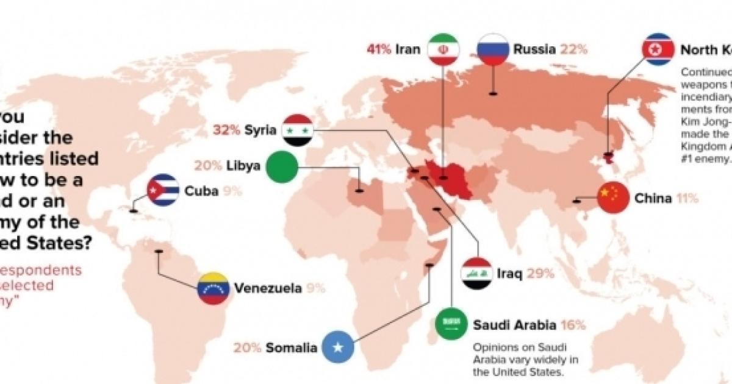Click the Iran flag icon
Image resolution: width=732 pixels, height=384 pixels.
(443, 49)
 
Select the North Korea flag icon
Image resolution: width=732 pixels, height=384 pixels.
(658, 49)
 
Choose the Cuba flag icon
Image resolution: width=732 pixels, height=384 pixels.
(163, 190)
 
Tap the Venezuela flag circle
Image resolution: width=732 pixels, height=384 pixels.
(213, 288)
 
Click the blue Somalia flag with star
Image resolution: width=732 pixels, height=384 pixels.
(337, 348)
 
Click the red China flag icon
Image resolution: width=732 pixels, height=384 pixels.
(613, 198)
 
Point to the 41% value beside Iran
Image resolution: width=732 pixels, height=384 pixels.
(378, 49)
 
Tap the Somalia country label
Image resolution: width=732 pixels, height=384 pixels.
(292, 349)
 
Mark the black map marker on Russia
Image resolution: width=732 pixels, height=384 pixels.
(493, 110)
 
